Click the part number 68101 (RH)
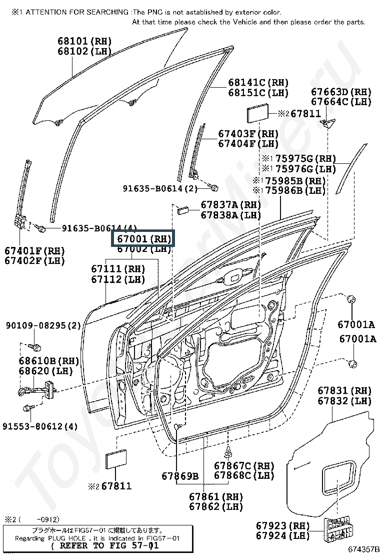point(84,41)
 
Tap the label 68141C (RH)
point(258,83)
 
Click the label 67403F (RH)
point(248,134)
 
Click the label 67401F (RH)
point(35,250)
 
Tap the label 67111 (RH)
point(118,269)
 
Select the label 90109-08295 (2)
point(43,326)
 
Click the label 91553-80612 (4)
point(40,426)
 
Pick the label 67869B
point(180,475)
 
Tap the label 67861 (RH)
point(215,496)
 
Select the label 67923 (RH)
point(283,525)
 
